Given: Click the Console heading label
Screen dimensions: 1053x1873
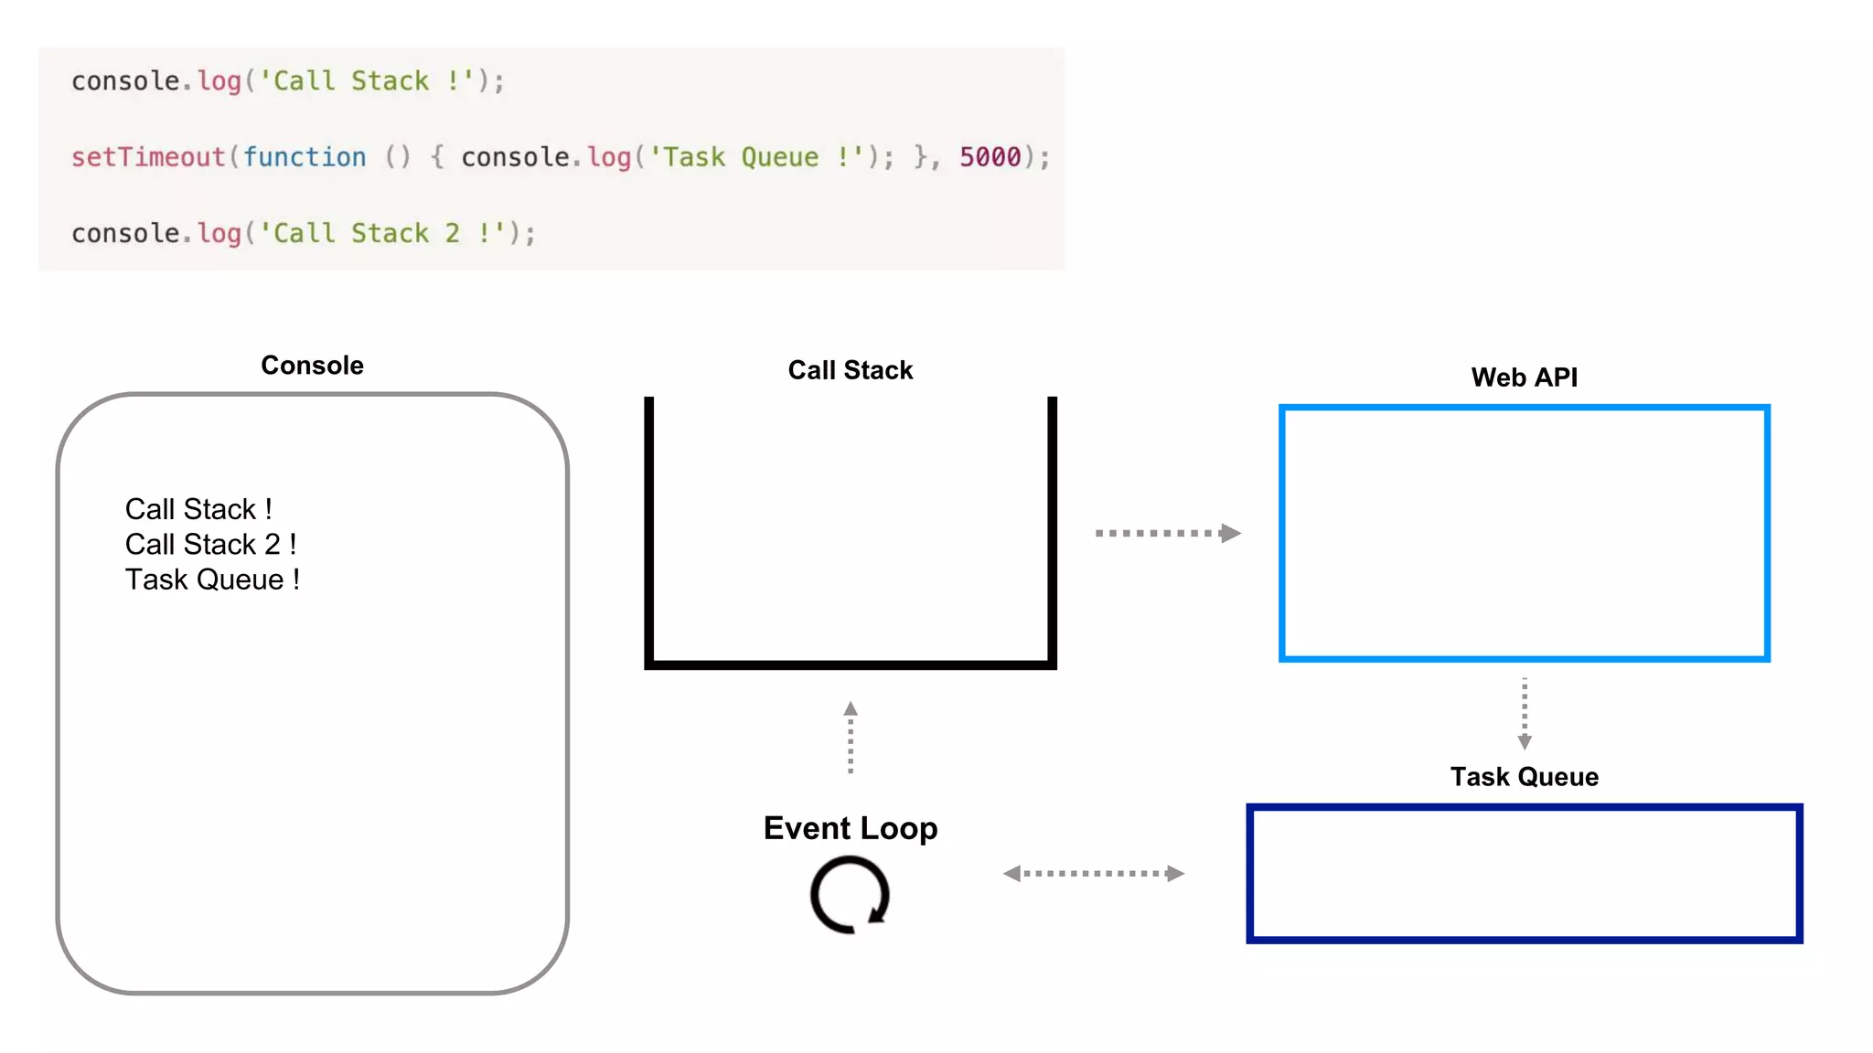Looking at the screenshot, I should [312, 366].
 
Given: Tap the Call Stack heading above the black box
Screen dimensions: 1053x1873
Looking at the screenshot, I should [850, 370].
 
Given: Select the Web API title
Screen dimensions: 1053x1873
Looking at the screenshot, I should [1524, 378].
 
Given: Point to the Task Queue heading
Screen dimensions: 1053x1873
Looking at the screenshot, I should [1524, 777].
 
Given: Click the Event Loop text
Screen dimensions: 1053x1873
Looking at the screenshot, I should [850, 828].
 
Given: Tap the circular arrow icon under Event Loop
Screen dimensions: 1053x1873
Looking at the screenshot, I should [850, 895].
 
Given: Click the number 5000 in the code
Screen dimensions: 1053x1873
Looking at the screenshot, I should [990, 157].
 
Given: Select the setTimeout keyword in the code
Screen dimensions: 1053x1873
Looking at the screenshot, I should [148, 157].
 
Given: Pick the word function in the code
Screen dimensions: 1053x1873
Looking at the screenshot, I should [304, 157].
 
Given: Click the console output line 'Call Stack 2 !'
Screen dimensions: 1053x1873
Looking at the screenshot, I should [210, 545].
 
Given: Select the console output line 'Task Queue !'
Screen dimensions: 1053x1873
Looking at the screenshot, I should [212, 580].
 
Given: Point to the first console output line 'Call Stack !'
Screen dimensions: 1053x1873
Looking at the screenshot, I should [198, 509].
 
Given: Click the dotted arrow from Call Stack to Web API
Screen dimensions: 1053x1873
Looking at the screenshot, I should [1167, 533].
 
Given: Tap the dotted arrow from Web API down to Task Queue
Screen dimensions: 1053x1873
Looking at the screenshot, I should [1524, 714].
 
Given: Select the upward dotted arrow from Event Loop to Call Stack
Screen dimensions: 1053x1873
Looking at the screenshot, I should [851, 738].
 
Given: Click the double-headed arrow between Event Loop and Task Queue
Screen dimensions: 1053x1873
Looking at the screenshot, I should [1094, 874].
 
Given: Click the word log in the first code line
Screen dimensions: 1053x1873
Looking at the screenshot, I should [219, 81].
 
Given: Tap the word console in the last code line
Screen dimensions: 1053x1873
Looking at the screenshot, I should [125, 233].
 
